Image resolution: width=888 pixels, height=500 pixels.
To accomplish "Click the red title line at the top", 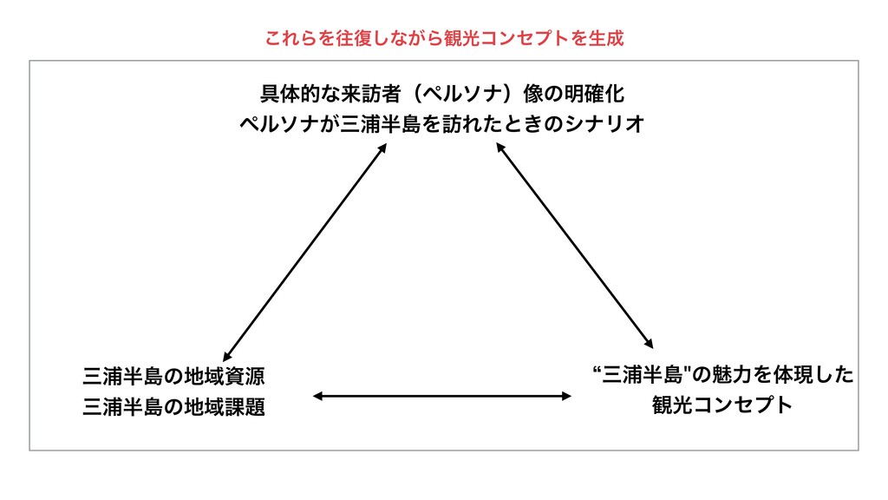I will (444, 39).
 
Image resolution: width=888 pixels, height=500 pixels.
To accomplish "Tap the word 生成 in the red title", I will (605, 39).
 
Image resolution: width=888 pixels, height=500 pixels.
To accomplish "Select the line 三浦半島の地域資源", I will (173, 377).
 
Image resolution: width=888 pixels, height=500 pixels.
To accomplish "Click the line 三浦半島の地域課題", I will (173, 406).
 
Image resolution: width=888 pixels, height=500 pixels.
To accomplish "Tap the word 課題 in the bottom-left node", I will (246, 406).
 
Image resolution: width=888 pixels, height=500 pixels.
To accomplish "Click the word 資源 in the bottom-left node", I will (246, 377).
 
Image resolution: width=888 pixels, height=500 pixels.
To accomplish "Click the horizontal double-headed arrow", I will (442, 396).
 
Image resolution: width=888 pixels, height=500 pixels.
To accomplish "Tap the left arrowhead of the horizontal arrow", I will (317, 396).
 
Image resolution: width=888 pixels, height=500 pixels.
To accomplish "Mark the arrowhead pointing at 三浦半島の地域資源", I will (225, 356).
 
